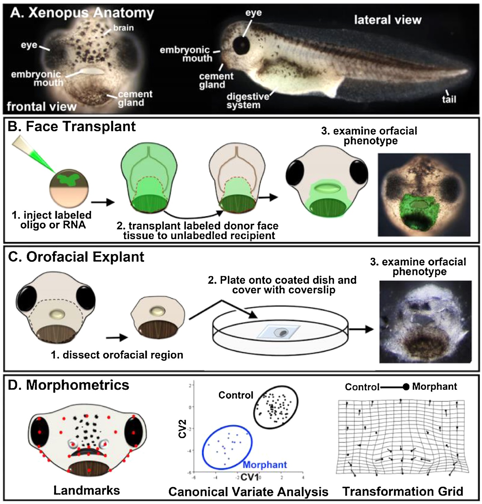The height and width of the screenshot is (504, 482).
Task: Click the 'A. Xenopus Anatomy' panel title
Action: (x=82, y=13)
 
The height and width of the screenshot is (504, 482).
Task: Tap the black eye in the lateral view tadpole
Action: (x=241, y=45)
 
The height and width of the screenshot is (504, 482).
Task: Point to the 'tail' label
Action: (x=449, y=99)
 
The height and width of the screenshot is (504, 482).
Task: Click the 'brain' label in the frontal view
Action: (x=123, y=28)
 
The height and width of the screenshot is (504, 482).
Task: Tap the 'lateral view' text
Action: (x=388, y=20)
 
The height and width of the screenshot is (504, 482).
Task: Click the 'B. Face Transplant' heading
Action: (x=72, y=127)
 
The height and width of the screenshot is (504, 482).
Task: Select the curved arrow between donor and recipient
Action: (x=193, y=216)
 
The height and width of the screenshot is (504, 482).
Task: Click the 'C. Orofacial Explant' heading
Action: (x=76, y=257)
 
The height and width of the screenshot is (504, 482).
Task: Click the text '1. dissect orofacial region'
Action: (x=117, y=355)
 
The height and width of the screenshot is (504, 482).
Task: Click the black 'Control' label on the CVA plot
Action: (x=236, y=395)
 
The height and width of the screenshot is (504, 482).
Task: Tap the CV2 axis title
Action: (x=182, y=429)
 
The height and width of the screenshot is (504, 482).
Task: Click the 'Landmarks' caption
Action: (x=87, y=491)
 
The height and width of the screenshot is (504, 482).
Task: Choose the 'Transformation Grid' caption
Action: (x=403, y=491)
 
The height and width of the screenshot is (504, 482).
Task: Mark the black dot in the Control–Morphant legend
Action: (x=406, y=387)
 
